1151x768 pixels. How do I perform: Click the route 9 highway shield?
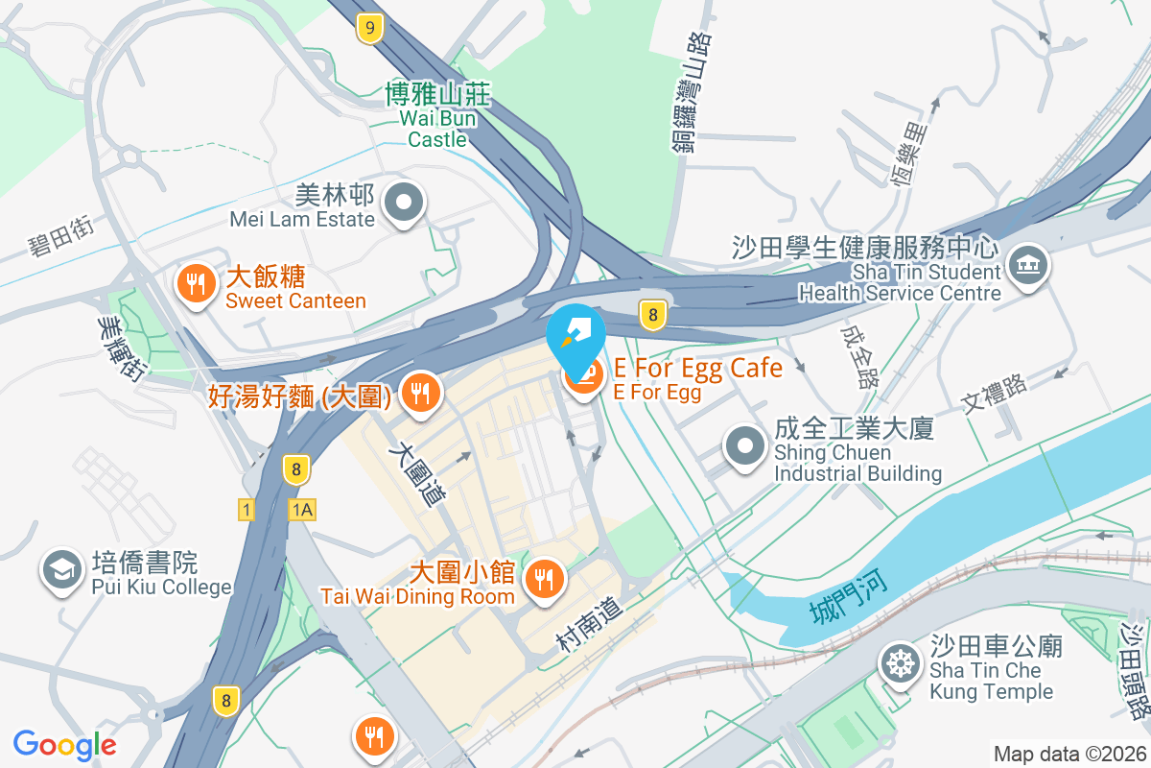coord(368,27)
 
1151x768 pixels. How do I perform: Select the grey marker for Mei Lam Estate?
coord(404,204)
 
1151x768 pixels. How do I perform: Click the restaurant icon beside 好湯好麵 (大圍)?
coord(419,394)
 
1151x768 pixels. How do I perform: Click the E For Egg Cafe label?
coord(697,368)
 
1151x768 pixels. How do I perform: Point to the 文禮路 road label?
coord(995,394)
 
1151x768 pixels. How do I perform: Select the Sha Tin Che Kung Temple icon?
coord(901,665)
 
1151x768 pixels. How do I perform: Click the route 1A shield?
coord(301,510)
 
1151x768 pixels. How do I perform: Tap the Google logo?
coord(65,744)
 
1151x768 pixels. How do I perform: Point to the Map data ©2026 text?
coord(1069,754)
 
